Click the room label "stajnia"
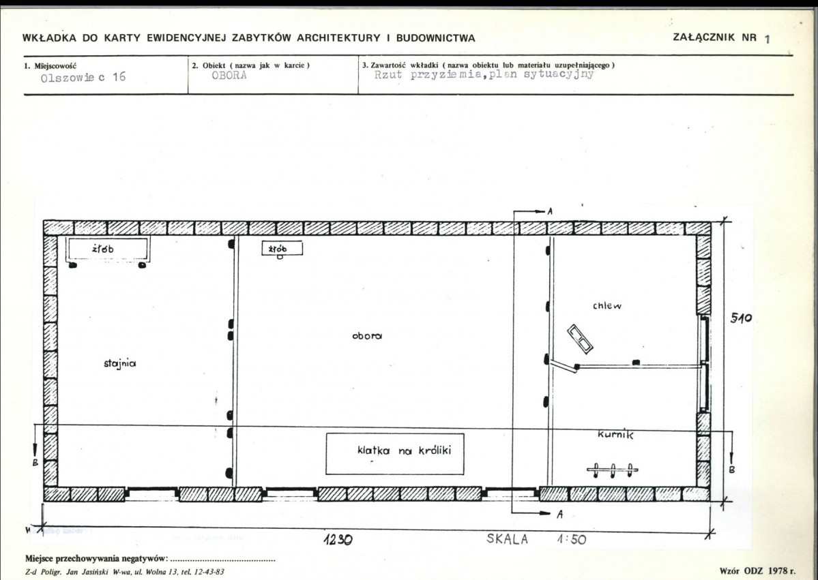pos(119,364)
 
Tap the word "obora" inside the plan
pos(367,336)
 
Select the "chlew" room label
pos(607,305)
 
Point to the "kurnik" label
pos(615,434)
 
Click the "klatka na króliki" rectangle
pos(395,454)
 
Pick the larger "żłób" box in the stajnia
pos(108,249)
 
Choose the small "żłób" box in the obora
pos(282,249)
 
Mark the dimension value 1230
pos(338,540)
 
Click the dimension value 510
pos(740,318)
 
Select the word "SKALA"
pos(507,539)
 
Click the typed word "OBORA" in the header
pos(229,75)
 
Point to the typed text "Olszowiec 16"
pos(83,77)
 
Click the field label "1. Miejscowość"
pos(50,65)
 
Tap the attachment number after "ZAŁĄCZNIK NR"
pos(767,39)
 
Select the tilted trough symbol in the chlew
pos(581,339)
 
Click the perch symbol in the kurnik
pos(613,470)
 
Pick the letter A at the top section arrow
pos(550,211)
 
